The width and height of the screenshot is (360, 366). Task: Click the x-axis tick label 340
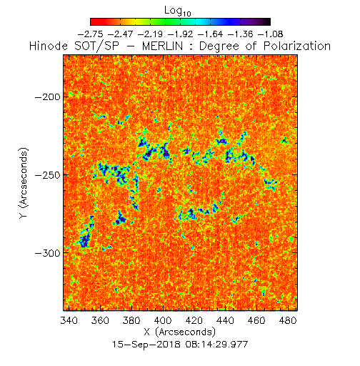[x=69, y=320]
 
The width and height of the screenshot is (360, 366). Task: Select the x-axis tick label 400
[x=163, y=320]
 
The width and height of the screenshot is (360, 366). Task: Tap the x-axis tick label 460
[x=256, y=320]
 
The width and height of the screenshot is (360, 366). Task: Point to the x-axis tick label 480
[x=288, y=320]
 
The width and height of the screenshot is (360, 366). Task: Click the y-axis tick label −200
[x=48, y=97]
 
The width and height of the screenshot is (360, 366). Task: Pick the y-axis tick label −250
[x=48, y=175]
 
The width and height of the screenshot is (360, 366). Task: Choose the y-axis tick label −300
[x=48, y=253]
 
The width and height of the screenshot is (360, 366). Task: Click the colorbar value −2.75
[x=91, y=34]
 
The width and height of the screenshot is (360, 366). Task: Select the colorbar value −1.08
[x=271, y=34]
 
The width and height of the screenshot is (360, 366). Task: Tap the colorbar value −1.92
[x=181, y=34]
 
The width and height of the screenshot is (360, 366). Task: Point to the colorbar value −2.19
[x=151, y=34]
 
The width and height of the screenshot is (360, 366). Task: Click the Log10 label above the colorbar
[x=178, y=11]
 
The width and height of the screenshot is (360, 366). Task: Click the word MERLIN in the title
[x=162, y=46]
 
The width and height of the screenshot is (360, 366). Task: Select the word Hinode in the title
[x=49, y=46]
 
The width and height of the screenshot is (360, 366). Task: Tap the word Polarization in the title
[x=297, y=46]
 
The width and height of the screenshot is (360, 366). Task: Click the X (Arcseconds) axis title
[x=180, y=332]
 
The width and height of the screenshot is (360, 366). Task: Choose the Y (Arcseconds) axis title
[x=24, y=183]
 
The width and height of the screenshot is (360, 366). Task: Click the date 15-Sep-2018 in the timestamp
[x=146, y=345]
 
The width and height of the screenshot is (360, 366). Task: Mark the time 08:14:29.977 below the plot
[x=215, y=345]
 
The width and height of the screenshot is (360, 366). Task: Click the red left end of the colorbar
[x=93, y=21]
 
